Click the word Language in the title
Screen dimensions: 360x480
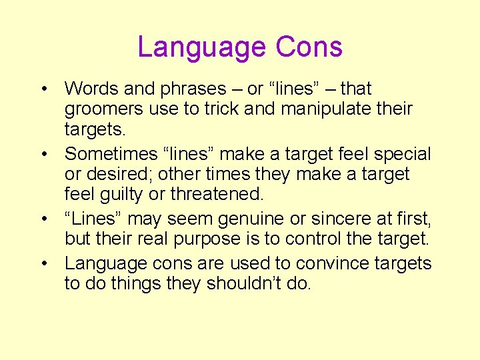point(192,48)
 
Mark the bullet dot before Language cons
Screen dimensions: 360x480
point(43,264)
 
